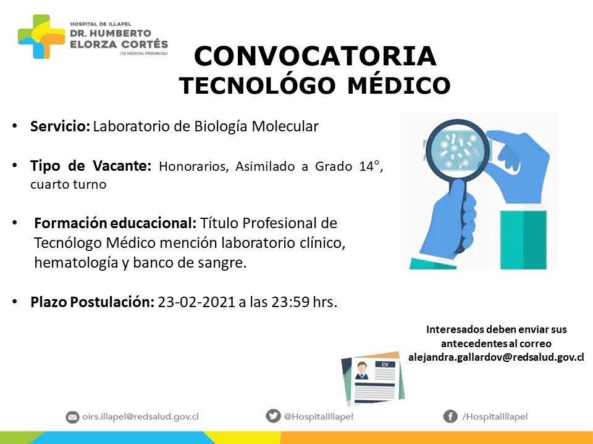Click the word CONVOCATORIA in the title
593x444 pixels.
[315, 56]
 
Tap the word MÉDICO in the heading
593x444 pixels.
[398, 85]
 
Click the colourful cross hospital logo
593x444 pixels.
[41, 36]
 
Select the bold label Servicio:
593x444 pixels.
[60, 126]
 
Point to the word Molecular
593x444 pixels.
[285, 126]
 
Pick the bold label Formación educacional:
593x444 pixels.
[115, 223]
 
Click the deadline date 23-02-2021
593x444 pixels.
[196, 302]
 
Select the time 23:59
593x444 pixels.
[290, 302]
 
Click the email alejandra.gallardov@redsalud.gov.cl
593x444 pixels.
[496, 357]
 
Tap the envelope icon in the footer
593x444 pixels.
[72, 417]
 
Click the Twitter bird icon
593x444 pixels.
[272, 416]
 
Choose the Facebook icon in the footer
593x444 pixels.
[450, 416]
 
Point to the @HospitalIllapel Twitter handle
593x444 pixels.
[319, 416]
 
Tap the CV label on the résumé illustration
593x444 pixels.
[385, 364]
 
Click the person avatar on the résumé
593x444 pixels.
[362, 371]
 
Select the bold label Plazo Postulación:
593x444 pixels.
[92, 302]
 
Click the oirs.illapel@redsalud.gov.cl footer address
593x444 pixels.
[140, 417]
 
